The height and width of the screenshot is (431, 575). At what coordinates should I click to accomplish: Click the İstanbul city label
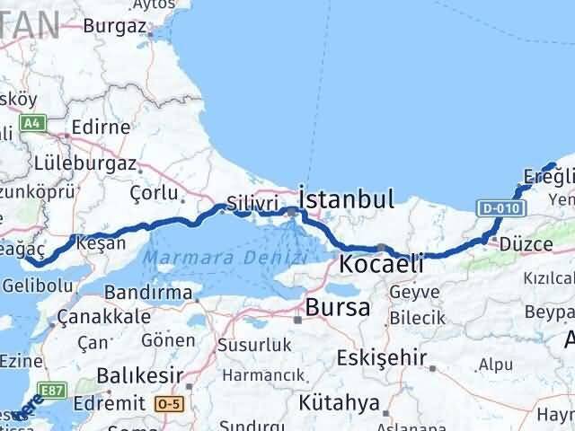click(x=346, y=198)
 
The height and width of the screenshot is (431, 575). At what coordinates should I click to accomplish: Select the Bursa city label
click(x=338, y=307)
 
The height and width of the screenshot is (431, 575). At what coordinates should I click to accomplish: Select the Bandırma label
click(x=147, y=293)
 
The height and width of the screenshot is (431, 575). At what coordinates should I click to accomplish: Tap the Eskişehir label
click(x=381, y=356)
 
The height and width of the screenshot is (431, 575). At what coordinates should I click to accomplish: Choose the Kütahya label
click(x=341, y=400)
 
